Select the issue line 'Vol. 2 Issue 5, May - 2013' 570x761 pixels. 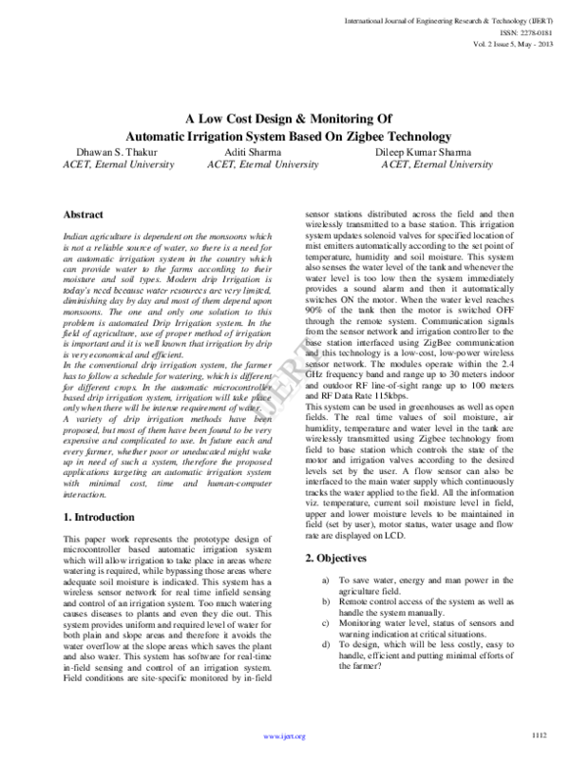506,45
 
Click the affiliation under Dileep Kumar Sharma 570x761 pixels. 437,164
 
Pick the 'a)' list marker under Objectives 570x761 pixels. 328,580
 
